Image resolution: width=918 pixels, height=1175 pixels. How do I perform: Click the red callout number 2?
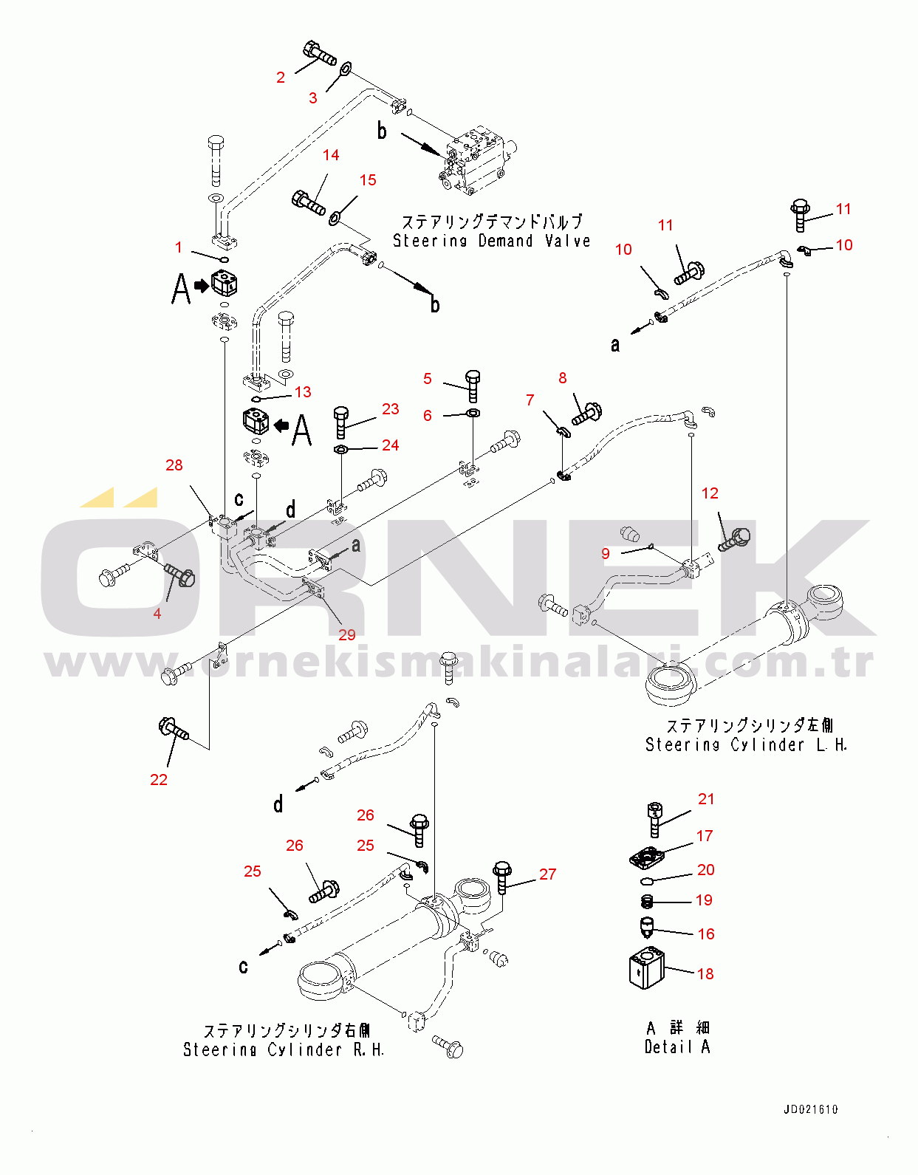tap(281, 78)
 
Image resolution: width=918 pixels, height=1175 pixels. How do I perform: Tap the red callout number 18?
tap(705, 974)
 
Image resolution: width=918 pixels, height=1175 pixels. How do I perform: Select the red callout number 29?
tap(347, 635)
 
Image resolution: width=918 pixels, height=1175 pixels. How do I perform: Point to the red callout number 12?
tap(710, 493)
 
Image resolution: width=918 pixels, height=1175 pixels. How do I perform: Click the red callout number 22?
tap(158, 779)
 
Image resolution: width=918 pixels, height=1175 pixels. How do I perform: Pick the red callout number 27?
tap(548, 874)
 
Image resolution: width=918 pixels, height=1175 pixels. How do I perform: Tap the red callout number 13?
tap(303, 392)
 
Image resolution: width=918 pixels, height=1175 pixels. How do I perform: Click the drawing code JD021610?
tap(810, 1109)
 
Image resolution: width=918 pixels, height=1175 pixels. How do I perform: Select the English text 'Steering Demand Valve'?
tap(491, 241)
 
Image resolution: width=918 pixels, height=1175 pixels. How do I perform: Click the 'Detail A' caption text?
tap(677, 1046)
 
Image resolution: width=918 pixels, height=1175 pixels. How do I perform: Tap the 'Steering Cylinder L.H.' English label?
tap(746, 744)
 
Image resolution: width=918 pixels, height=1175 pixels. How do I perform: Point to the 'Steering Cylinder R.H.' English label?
tap(284, 1049)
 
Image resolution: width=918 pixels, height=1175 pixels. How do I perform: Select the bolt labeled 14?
tap(308, 202)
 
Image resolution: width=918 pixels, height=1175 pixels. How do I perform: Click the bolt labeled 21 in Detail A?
tap(654, 820)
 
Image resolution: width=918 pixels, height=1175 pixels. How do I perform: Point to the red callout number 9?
tap(606, 554)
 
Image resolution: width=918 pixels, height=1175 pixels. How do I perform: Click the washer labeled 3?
tap(345, 69)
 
